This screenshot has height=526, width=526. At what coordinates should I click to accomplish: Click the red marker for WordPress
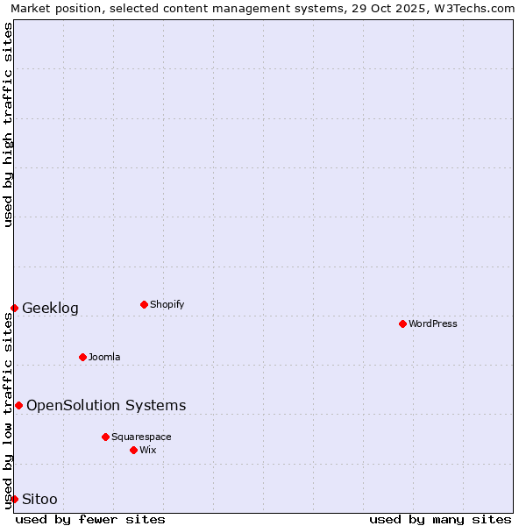(402, 323)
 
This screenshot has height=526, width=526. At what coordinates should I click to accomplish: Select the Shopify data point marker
(144, 304)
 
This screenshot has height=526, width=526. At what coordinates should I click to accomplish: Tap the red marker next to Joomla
(82, 357)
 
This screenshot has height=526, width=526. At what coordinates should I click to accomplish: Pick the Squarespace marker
(105, 437)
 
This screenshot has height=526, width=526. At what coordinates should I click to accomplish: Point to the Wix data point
(133, 450)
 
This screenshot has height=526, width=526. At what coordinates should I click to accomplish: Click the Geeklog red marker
(14, 308)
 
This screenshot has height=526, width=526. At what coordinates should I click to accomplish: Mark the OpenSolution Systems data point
(18, 405)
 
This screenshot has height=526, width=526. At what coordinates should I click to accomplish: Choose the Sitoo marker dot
(14, 499)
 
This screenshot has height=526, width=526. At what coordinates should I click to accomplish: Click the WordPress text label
(433, 323)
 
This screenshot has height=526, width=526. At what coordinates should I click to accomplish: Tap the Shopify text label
(167, 304)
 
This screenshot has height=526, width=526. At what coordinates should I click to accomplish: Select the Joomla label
(104, 357)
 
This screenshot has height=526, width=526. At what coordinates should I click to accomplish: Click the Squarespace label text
(141, 437)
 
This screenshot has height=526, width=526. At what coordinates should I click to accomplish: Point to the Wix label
(148, 450)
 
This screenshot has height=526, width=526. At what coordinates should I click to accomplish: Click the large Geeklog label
(50, 308)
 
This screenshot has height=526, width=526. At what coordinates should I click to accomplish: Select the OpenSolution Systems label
(106, 405)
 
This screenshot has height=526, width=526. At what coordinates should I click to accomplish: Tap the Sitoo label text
(39, 499)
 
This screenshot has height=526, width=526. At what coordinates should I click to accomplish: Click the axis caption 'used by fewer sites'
(90, 519)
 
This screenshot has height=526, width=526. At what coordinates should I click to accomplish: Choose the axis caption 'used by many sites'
(440, 519)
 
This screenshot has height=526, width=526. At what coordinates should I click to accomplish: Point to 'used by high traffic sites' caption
(8, 124)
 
